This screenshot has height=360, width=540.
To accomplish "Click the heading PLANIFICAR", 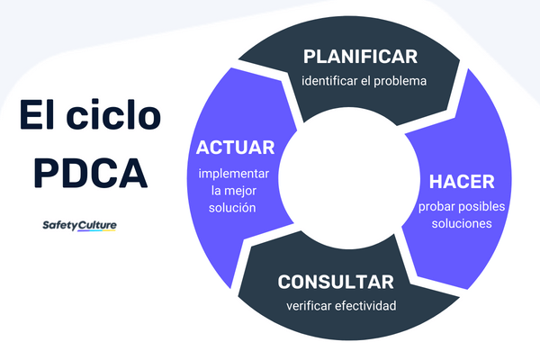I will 360,57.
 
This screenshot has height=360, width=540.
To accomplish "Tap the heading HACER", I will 461,182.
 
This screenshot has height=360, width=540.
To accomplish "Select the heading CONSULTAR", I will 336,282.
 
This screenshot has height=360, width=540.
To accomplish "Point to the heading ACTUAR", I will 235,148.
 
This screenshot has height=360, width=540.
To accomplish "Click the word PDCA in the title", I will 91,171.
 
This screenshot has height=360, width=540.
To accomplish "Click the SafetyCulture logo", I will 79,225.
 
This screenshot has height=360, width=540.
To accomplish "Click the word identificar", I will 328,81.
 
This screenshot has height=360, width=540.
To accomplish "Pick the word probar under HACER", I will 436,205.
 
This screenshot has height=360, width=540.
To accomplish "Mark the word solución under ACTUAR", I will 235,208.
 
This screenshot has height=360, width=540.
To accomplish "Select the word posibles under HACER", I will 482,205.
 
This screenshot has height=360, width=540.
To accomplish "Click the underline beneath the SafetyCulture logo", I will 79,232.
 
